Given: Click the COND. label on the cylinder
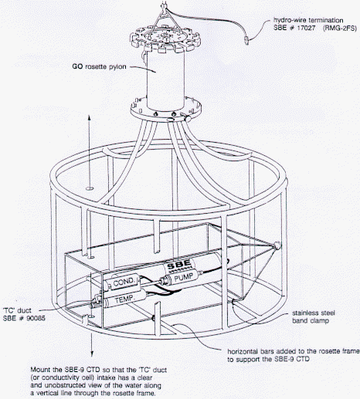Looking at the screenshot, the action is (x=124, y=282).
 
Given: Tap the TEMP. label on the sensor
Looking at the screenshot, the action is (x=124, y=299).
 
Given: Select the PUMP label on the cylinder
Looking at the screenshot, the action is (x=184, y=277).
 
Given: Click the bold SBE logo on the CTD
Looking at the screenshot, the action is (x=179, y=265).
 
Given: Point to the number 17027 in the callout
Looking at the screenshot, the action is (x=306, y=28).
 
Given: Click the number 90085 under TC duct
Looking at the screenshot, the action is (x=36, y=318).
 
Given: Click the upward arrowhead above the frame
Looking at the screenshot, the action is (x=89, y=117).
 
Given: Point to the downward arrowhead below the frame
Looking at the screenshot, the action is (x=92, y=353).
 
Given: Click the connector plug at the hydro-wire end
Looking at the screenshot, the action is (x=246, y=40).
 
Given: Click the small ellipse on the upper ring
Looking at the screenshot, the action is (x=90, y=188).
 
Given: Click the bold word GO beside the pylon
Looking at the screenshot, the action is (x=77, y=66).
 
